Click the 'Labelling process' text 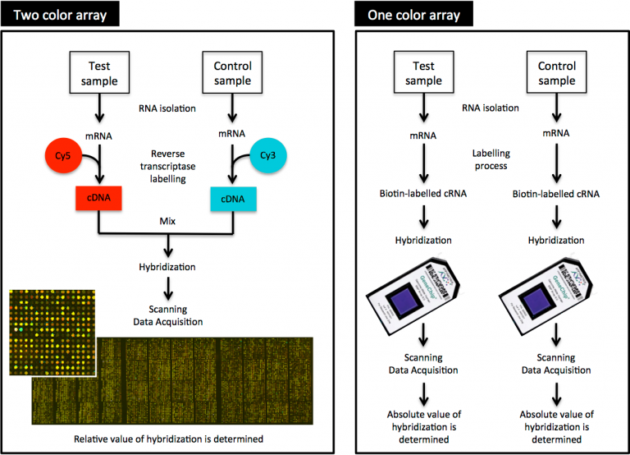pyautogui.click(x=491, y=159)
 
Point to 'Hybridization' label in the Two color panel pyautogui.click(x=168, y=266)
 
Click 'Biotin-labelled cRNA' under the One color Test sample pyautogui.click(x=423, y=194)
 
